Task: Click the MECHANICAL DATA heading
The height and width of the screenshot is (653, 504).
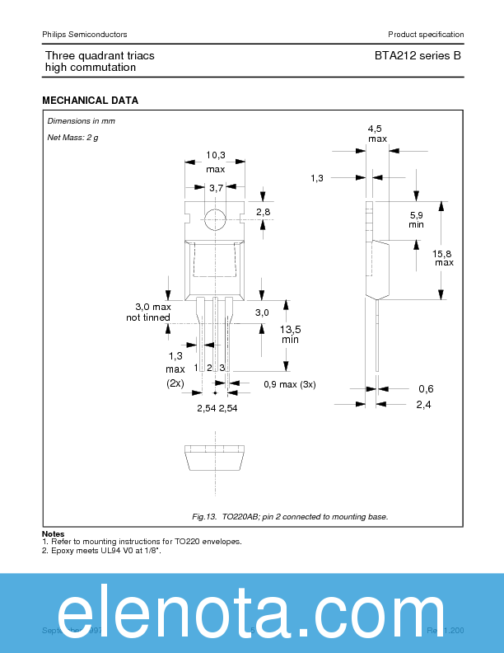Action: coord(90,101)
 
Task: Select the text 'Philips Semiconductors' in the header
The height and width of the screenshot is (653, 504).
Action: coord(84,34)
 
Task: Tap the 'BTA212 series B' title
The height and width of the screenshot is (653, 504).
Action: coord(412,55)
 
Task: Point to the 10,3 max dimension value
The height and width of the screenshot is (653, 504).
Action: coord(216,161)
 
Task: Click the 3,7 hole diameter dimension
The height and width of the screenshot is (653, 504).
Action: coord(216,188)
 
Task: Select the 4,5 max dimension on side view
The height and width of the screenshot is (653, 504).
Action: coord(376,134)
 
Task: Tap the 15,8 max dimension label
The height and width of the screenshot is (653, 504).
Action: coord(445,257)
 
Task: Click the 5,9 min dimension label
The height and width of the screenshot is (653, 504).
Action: coord(417,219)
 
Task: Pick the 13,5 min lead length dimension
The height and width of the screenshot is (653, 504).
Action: coord(290,333)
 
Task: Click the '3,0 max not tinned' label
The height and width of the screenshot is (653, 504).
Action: coord(148,312)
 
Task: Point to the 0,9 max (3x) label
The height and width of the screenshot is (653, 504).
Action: coord(289,384)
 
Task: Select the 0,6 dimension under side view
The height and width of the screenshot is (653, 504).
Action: coord(426,388)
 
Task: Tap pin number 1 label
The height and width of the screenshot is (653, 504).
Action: coord(197,367)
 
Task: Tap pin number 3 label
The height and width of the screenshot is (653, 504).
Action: coord(222,367)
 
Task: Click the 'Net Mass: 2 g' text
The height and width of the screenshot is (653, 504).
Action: coord(72,137)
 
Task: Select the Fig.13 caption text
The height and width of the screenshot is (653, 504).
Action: coord(289,516)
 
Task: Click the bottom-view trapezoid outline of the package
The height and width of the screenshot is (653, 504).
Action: coord(215,458)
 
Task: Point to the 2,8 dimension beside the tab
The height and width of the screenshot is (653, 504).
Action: coord(264,213)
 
